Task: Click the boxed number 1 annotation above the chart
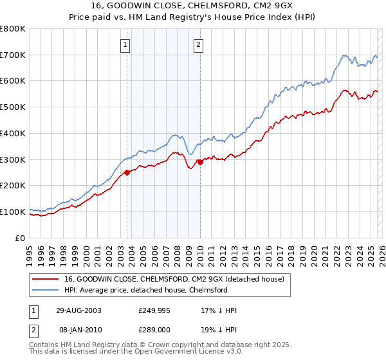point(125,44)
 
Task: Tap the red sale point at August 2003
point(127,172)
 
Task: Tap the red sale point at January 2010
point(200,162)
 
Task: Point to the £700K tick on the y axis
point(13,55)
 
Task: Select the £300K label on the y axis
point(13,159)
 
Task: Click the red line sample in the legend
point(44,278)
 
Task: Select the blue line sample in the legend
point(44,290)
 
